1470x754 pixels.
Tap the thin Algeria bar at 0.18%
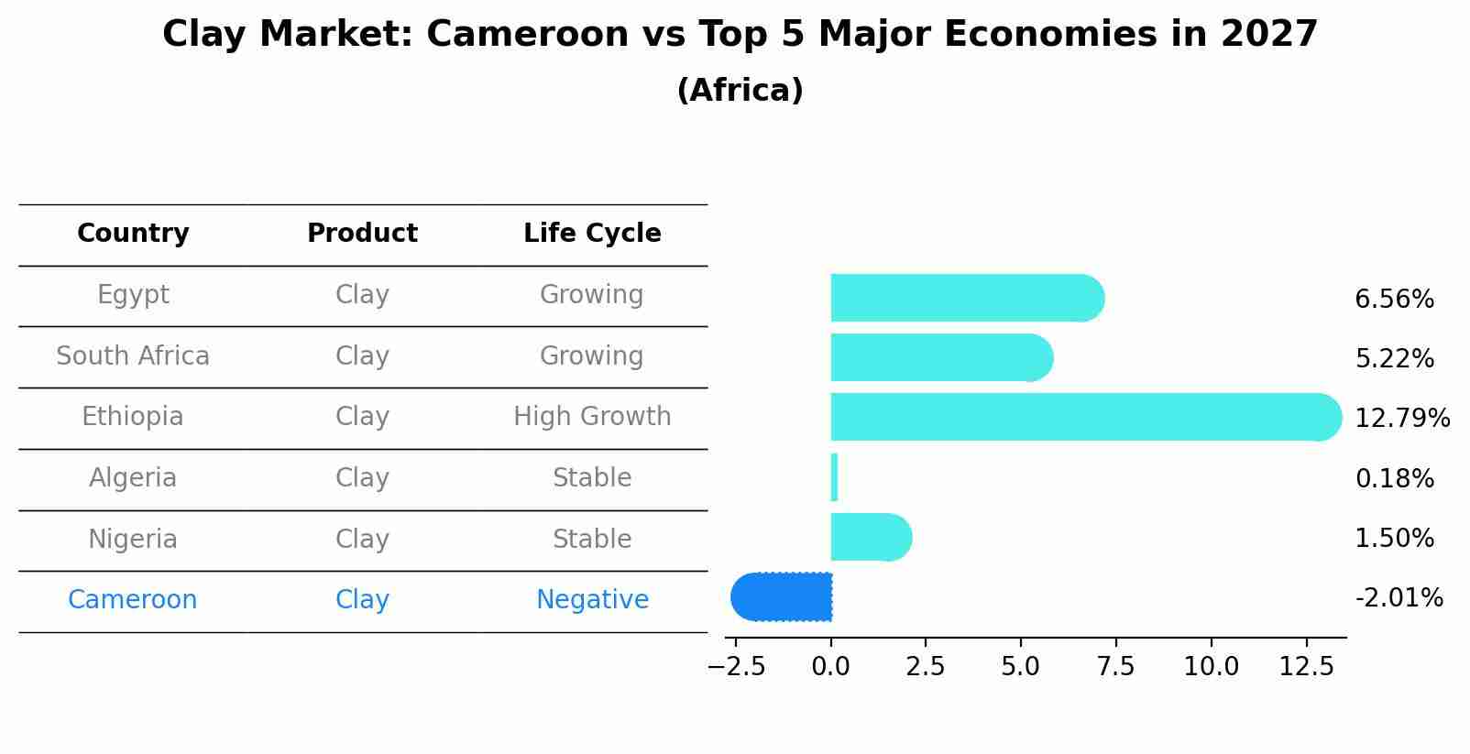coord(834,477)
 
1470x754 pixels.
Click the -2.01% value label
coord(1399,598)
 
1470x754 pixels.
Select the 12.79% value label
coord(1402,419)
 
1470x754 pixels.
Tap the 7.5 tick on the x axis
coord(1115,667)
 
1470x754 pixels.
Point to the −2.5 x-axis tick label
coord(736,667)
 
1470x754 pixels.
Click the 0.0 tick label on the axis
coord(830,667)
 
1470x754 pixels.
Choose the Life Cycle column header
coord(592,234)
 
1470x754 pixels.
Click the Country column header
coord(133,234)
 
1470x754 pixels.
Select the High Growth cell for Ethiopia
coord(592,417)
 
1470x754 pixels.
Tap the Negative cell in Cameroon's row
coord(592,600)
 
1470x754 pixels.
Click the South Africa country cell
coord(133,355)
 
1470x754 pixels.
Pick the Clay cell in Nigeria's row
coord(362,539)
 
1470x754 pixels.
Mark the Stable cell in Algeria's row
coord(592,478)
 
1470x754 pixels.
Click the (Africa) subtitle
coord(740,91)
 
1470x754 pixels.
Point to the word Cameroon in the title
coord(541,35)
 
